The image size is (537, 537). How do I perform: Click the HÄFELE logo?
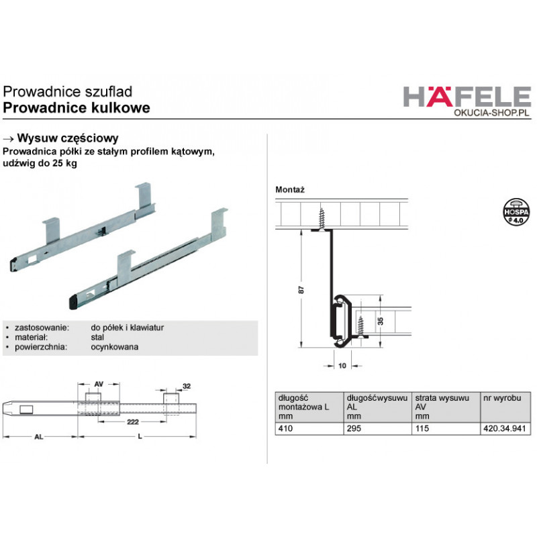(x=467, y=96)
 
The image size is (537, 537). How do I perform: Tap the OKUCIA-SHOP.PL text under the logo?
(x=491, y=113)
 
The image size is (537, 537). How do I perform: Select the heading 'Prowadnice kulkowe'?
(x=77, y=107)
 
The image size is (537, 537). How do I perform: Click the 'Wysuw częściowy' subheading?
(x=68, y=138)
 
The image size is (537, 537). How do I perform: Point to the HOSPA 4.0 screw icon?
(x=516, y=211)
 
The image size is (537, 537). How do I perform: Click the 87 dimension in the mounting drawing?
(x=301, y=289)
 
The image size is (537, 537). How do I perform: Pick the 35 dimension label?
(x=380, y=322)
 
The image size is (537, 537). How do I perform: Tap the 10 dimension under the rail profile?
(x=342, y=366)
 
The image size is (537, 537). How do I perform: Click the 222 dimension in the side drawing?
(x=132, y=422)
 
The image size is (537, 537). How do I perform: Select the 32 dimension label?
(x=187, y=387)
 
